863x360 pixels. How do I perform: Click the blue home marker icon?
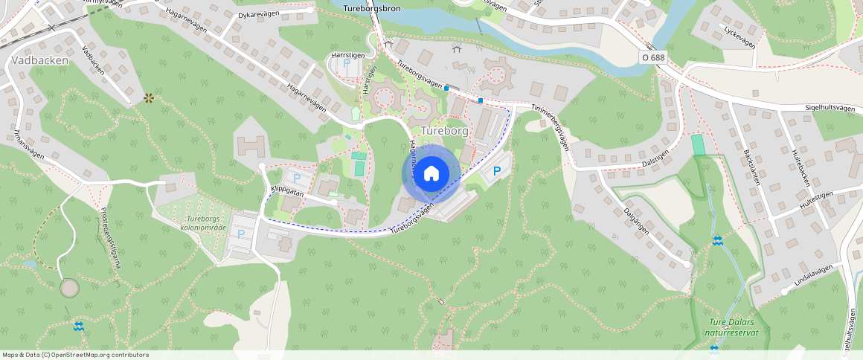[x=431, y=174]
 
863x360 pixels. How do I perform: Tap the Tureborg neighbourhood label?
[x=444, y=131]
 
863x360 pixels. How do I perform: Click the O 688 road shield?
[x=652, y=57]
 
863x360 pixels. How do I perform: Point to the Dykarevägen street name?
[x=258, y=14]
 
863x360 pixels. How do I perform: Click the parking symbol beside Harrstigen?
[x=346, y=64]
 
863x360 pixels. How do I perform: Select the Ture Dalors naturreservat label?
[x=733, y=327]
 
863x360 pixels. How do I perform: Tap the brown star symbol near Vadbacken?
[x=149, y=97]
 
